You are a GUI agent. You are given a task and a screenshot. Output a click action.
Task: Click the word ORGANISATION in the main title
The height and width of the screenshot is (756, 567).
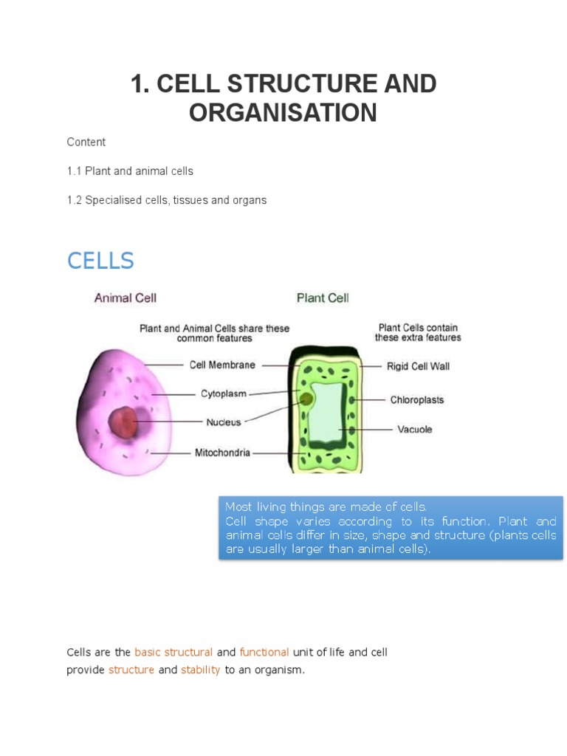pos(283,113)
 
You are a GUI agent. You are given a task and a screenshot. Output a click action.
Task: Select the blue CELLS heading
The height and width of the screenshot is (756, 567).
pos(100,261)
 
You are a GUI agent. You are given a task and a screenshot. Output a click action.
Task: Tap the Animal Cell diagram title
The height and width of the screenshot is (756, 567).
pos(125,298)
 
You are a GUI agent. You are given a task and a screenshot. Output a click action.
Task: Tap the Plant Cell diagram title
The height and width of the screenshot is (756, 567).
pos(323,298)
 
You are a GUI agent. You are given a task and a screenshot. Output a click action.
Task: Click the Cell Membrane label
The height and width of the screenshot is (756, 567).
pos(222,365)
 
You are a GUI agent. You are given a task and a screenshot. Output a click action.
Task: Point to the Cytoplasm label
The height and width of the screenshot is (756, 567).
pos(224,394)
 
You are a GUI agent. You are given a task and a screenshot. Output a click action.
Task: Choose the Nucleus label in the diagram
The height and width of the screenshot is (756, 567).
pos(223,422)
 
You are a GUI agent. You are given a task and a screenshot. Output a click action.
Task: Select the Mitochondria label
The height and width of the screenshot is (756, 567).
pos(222,452)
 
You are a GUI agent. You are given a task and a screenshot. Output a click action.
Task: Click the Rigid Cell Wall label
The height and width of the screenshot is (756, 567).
pos(418,365)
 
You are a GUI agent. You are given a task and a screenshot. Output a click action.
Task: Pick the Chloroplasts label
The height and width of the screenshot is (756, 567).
pos(417,399)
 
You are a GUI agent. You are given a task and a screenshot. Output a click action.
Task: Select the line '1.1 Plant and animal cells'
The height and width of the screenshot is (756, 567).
pos(130,171)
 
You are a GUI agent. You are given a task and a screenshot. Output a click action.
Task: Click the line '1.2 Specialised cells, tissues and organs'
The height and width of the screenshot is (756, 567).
pos(166,200)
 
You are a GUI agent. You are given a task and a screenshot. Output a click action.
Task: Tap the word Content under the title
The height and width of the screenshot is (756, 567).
pos(86,142)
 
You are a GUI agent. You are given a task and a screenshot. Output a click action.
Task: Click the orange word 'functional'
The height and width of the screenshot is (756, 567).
pos(264,652)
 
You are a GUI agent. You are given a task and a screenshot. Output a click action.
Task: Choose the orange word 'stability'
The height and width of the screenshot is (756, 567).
pos(201,670)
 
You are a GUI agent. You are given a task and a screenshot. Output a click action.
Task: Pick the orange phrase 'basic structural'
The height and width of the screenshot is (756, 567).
pos(173,652)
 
